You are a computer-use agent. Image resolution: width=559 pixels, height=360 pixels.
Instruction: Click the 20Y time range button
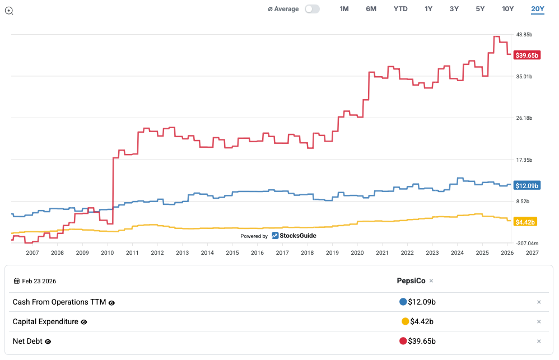point(538,9)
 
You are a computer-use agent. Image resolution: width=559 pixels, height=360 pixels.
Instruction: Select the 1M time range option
point(344,9)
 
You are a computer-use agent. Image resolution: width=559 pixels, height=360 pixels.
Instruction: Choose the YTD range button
point(400,9)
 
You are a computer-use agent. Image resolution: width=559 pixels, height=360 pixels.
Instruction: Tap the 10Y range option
point(507,9)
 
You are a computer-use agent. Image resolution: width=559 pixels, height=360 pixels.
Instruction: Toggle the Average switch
point(312,9)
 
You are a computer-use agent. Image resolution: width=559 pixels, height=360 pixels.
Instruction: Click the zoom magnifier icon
point(9,11)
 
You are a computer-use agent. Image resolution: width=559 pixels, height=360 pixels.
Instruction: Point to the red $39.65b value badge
point(527,55)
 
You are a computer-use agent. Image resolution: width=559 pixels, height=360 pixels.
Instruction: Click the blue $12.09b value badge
point(527,185)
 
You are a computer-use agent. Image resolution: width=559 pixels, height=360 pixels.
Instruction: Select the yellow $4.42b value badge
point(525,222)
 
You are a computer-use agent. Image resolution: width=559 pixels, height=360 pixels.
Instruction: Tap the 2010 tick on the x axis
point(107,253)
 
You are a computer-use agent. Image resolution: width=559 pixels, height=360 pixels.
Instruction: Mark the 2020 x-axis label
point(357,253)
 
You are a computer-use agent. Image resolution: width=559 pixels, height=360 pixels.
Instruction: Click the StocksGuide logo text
point(298,236)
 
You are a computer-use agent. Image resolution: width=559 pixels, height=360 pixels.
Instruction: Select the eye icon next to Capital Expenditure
point(84,322)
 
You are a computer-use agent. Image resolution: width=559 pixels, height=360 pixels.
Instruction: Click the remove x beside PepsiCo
point(431,281)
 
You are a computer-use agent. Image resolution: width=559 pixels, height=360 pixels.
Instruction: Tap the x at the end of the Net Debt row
point(539,342)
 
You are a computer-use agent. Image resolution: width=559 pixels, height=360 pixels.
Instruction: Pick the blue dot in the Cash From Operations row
point(403,302)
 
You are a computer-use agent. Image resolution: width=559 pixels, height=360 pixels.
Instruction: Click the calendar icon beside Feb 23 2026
point(16,281)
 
